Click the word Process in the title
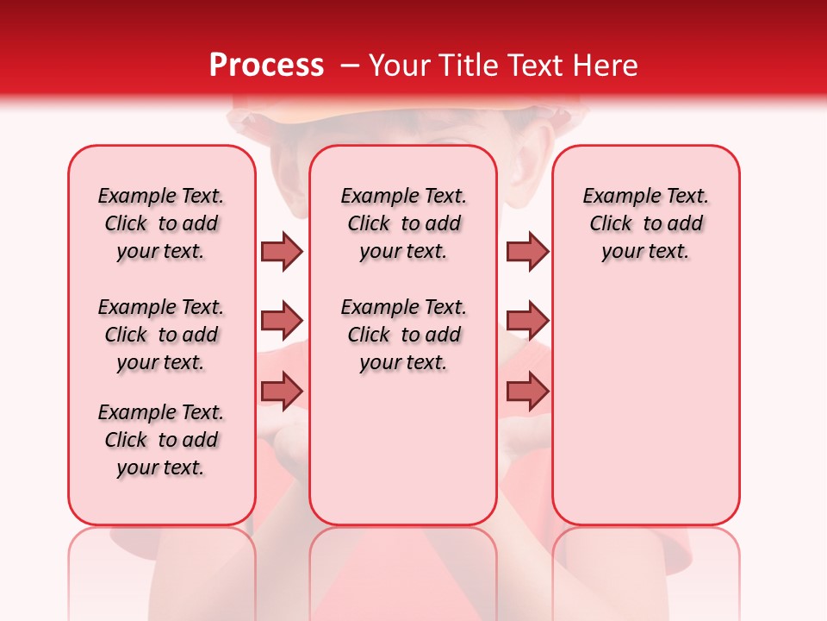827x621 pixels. tap(265, 66)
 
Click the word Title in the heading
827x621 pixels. tap(466, 66)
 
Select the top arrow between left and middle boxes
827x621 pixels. tap(282, 251)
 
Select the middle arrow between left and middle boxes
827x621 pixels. tap(282, 321)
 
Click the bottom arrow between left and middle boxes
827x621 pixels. tap(282, 391)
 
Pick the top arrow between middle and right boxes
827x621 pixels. tap(526, 251)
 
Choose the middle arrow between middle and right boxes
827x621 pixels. tap(526, 321)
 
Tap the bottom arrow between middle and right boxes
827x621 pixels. tap(526, 391)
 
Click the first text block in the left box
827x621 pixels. tap(161, 223)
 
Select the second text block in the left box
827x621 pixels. tap(161, 335)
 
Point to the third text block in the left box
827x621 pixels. tap(161, 440)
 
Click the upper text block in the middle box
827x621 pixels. tap(403, 223)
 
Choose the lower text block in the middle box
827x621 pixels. tap(403, 335)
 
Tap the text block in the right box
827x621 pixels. tap(645, 223)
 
